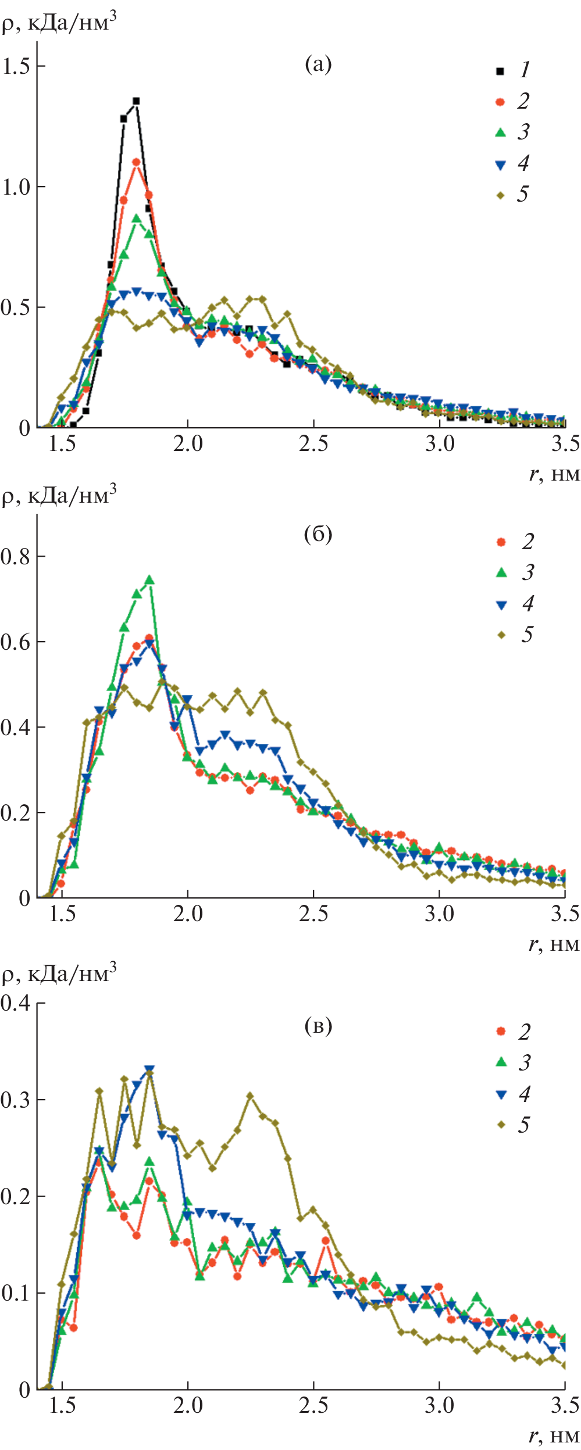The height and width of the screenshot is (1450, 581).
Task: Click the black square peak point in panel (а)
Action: tap(136, 101)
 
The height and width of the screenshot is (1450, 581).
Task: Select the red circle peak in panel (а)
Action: tap(136, 162)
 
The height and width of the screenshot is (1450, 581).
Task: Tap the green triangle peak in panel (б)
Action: tap(149, 580)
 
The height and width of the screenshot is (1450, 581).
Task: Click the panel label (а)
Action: tap(318, 64)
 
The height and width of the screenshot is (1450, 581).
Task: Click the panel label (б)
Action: tap(318, 534)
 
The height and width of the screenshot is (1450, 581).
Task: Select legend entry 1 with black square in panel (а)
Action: tap(512, 70)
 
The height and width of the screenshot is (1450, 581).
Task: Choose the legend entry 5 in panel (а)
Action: tap(512, 195)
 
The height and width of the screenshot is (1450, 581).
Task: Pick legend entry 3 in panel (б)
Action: tap(514, 572)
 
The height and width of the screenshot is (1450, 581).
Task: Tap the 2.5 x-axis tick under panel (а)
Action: tap(313, 444)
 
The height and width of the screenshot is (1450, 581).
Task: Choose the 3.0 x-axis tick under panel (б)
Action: tap(439, 914)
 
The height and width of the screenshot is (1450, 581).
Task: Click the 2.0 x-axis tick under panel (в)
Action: tap(188, 1405)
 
